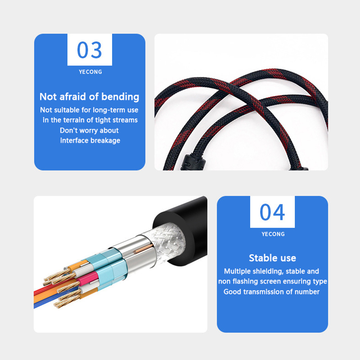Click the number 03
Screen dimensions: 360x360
pyautogui.click(x=89, y=50)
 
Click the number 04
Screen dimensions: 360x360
pyautogui.click(x=272, y=212)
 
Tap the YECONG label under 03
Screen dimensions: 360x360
pyautogui.click(x=90, y=72)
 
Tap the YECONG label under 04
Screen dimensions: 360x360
pyautogui.click(x=273, y=234)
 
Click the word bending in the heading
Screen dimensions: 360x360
pyautogui.click(x=120, y=97)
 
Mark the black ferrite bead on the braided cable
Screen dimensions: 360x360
pyautogui.click(x=190, y=162)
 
